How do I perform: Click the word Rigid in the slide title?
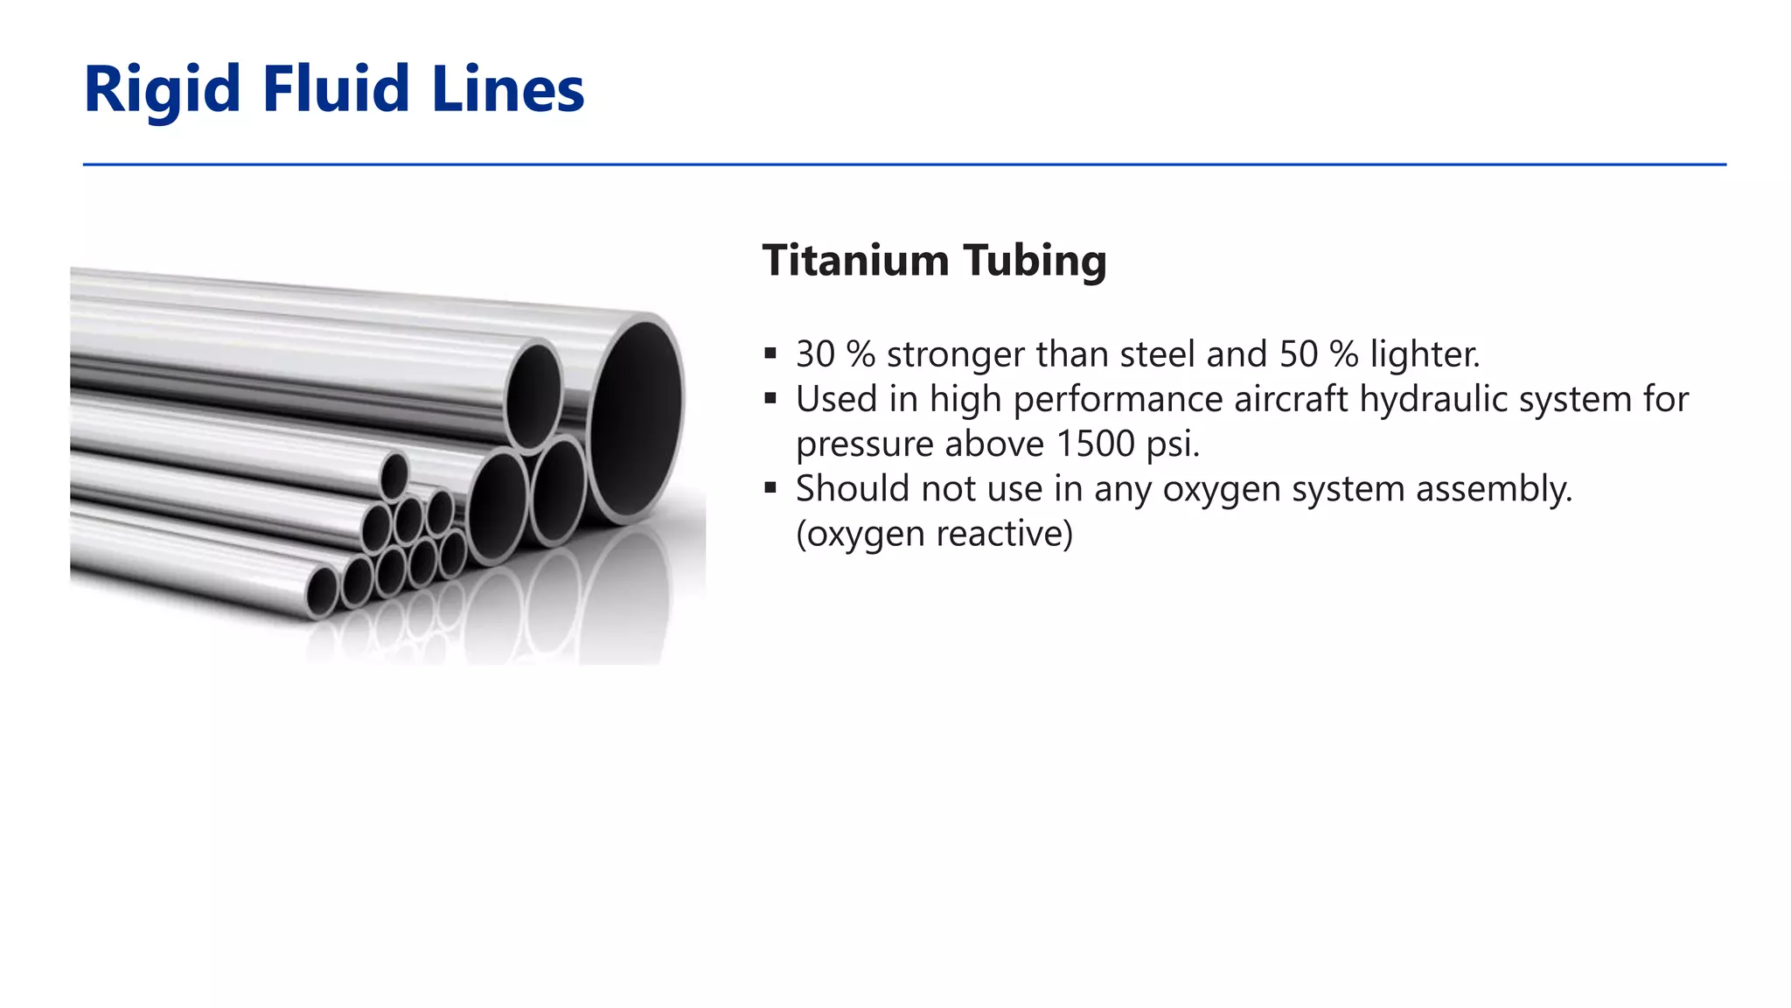coord(162,90)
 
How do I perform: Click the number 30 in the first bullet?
coord(815,354)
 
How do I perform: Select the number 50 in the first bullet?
coord(1299,354)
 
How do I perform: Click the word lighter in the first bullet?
coord(1424,355)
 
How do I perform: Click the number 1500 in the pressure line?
coord(1095,444)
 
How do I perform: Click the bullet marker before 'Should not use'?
coord(770,488)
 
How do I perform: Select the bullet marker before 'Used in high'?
coord(770,399)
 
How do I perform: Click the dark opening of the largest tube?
coord(636,417)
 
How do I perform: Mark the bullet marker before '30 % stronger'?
coord(770,354)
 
